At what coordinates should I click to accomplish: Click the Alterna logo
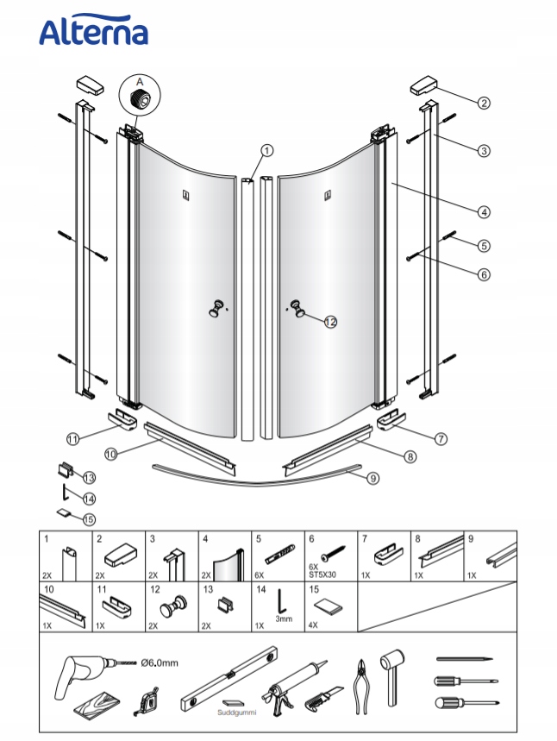coord(93,30)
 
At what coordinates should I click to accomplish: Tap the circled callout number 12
coord(330,322)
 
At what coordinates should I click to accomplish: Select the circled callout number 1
coord(267,151)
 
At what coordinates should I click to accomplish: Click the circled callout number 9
coord(373,478)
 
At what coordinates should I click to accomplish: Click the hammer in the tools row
coord(392,675)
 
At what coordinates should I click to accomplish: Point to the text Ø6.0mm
coord(160,663)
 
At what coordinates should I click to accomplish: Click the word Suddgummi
coord(237,713)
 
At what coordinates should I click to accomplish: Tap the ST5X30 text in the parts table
coord(322,575)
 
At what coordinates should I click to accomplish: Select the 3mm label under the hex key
coord(284,619)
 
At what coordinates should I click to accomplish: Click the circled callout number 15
coord(89,519)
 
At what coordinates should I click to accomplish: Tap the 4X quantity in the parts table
coord(313,625)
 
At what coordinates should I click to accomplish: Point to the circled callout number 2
coord(484,103)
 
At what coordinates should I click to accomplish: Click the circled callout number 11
coord(72,439)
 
